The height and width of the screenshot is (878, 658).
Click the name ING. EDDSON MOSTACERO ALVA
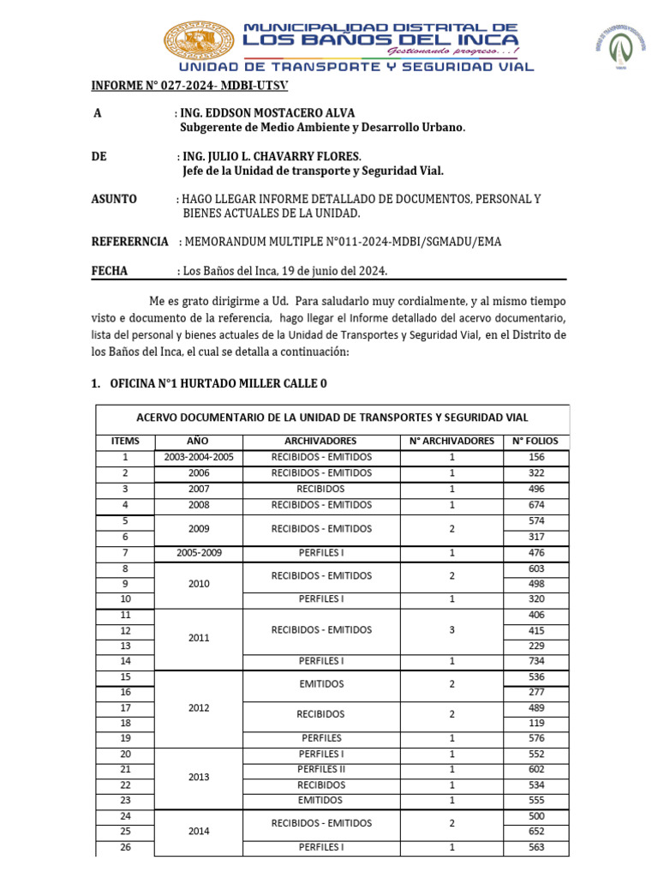tap(267, 113)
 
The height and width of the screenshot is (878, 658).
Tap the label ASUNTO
tap(114, 199)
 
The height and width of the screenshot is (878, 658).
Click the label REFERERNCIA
tap(129, 242)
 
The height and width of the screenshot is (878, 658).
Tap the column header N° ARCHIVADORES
tap(452, 441)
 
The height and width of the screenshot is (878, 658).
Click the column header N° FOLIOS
tap(536, 441)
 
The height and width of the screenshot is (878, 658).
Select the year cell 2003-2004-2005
tap(198, 457)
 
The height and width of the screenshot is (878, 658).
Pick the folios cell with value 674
tap(536, 505)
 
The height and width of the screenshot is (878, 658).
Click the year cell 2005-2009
tap(198, 553)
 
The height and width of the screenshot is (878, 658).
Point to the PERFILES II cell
tap(321, 770)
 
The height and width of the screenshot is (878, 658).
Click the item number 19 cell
tap(125, 737)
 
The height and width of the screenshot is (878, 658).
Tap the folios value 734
tap(536, 661)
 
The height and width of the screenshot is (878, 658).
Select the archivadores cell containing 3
tap(452, 629)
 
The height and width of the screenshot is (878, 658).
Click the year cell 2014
tap(198, 832)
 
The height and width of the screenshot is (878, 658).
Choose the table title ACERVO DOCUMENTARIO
tap(332, 417)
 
